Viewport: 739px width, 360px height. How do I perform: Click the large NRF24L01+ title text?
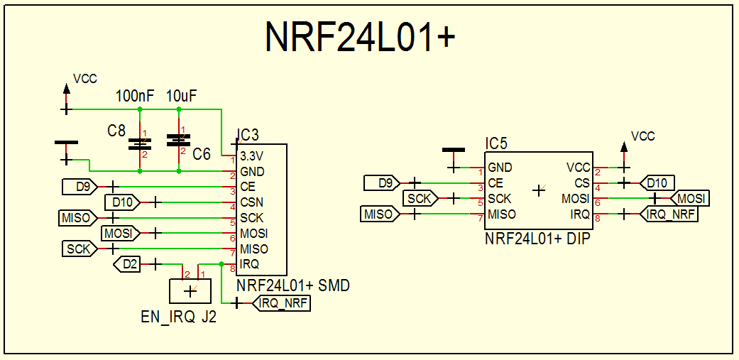click(x=359, y=37)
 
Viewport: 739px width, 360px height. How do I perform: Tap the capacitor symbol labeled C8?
click(x=139, y=144)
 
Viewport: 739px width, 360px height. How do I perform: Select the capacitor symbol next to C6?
click(x=177, y=140)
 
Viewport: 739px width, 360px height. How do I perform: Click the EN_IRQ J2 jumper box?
click(x=190, y=290)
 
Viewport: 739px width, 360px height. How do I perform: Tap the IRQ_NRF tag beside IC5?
click(x=668, y=214)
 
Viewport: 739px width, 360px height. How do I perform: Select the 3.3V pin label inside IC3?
click(x=252, y=156)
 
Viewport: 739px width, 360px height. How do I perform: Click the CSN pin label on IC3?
click(x=251, y=202)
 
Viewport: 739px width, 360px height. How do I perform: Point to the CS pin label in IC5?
click(x=581, y=183)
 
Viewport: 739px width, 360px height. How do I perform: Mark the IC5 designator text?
click(x=496, y=143)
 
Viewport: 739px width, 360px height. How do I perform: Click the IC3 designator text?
click(x=247, y=135)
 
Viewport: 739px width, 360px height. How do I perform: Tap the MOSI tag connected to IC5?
click(x=690, y=198)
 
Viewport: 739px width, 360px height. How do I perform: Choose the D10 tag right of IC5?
click(x=656, y=183)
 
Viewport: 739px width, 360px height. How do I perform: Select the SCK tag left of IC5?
click(x=420, y=199)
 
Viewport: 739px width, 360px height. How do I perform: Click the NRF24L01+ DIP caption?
click(x=537, y=239)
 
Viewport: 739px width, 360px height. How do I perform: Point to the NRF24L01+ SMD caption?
click(x=294, y=285)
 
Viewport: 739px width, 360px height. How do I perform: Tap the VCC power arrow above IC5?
click(x=624, y=149)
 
